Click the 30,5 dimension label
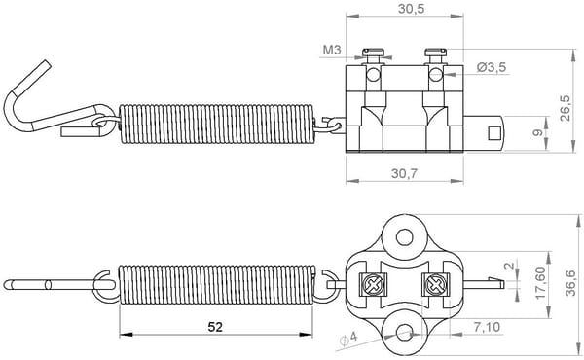pos(411,9)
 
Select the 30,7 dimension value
pos(405,173)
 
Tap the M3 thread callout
pos(332,50)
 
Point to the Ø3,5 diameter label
pos(492,67)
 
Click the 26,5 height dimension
pos(565,108)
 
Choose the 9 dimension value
pos(537,132)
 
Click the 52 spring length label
pos(215,327)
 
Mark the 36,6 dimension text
pos(570,283)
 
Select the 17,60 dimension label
pos(540,282)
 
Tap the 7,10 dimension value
pos(488,327)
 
